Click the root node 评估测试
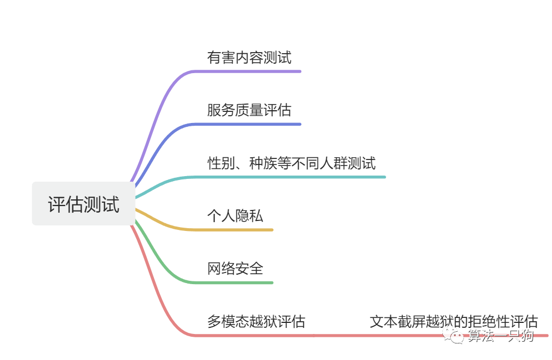84,204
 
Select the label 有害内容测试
249,57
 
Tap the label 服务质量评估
249,110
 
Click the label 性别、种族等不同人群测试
291,163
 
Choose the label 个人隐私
235,215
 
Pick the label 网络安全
235,269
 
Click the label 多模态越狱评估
256,321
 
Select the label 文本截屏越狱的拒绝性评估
453,321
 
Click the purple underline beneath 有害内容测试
249,71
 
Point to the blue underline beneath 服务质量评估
249,124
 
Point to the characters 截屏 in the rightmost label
411,321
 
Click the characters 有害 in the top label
221,57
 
